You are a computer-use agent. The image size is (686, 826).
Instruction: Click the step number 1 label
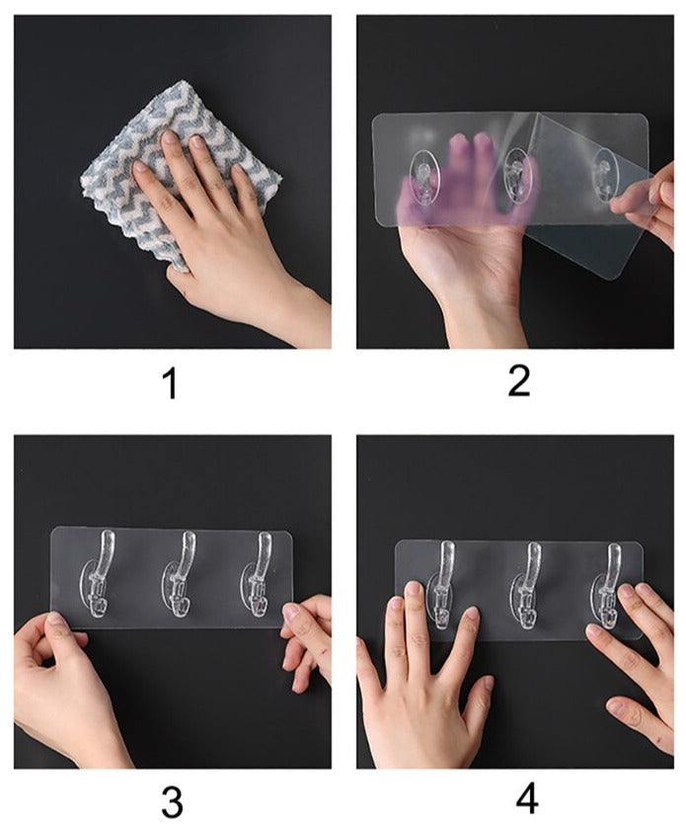pyautogui.click(x=171, y=383)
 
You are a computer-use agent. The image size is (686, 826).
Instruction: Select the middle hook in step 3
pyautogui.click(x=184, y=578)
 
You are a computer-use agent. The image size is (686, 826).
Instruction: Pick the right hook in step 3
pyautogui.click(x=261, y=578)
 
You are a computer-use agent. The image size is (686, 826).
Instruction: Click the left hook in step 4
pyautogui.click(x=443, y=583)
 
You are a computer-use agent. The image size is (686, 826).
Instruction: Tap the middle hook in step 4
pyautogui.click(x=528, y=583)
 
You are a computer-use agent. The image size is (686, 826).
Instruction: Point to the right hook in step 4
pyautogui.click(x=609, y=583)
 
